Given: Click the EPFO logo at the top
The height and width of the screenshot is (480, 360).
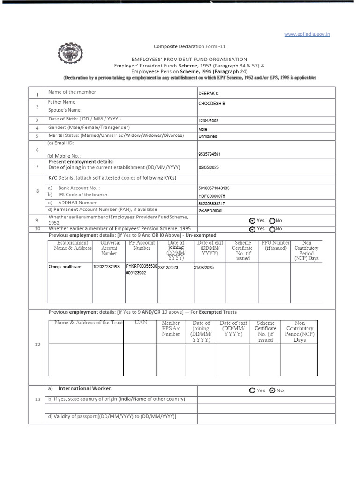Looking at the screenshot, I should (x=69, y=53).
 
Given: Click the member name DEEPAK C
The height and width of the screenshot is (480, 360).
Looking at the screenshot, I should (x=209, y=94).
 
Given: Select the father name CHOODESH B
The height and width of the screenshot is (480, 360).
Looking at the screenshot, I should (x=212, y=103).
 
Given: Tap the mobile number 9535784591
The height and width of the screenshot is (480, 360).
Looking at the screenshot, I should (x=210, y=154).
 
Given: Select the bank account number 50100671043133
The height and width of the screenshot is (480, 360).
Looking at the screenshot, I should (x=214, y=188).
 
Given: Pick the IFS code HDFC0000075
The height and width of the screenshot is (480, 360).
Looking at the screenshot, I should (x=212, y=196).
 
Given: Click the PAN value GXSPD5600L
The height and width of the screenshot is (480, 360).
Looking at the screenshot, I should (x=211, y=211).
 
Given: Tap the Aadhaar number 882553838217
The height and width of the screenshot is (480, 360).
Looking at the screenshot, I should (x=212, y=203).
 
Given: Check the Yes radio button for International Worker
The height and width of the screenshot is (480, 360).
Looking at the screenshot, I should (x=253, y=390).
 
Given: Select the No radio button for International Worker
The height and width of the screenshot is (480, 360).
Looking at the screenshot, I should (x=272, y=390).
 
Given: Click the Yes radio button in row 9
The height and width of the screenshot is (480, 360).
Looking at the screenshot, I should (x=253, y=221).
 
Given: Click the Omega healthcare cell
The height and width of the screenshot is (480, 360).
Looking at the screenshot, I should (x=65, y=267).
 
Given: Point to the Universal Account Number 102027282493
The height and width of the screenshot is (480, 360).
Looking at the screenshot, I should (x=106, y=267).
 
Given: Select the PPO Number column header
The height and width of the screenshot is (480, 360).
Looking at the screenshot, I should (x=275, y=246).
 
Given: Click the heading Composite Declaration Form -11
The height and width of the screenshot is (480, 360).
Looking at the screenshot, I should (x=190, y=46).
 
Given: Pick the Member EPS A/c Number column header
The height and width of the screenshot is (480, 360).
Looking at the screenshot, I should (x=171, y=329).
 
